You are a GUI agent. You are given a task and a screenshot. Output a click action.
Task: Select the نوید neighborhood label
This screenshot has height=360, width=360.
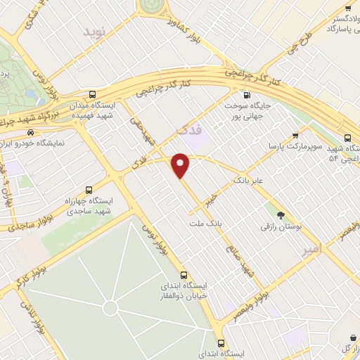click(96, 32)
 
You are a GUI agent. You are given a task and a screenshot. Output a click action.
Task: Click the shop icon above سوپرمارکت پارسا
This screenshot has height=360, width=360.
click(295, 136)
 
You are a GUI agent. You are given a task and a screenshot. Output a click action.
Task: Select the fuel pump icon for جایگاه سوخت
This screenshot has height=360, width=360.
click(245, 96)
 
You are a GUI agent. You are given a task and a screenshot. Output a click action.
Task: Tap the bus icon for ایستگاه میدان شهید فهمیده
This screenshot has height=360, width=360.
click(94, 95)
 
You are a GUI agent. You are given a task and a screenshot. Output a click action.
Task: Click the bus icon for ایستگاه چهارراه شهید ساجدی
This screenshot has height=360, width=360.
click(89, 189)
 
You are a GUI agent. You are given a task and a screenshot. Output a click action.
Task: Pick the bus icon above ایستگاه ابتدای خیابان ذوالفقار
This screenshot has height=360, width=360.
click(184, 275)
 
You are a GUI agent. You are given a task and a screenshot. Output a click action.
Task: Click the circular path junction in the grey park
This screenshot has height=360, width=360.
click(109, 307)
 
